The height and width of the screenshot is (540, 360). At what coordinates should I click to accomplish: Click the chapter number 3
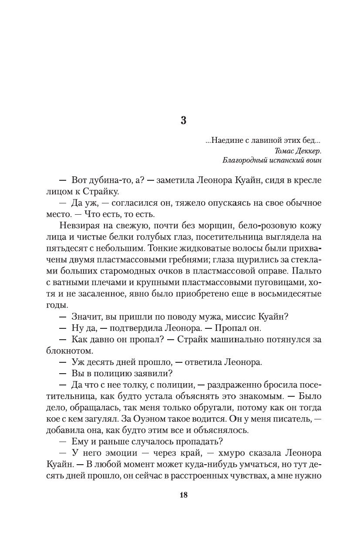point(183,121)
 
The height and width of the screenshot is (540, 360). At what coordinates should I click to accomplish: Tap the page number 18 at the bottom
point(183,495)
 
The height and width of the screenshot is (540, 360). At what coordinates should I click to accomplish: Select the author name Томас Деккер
point(299,151)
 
